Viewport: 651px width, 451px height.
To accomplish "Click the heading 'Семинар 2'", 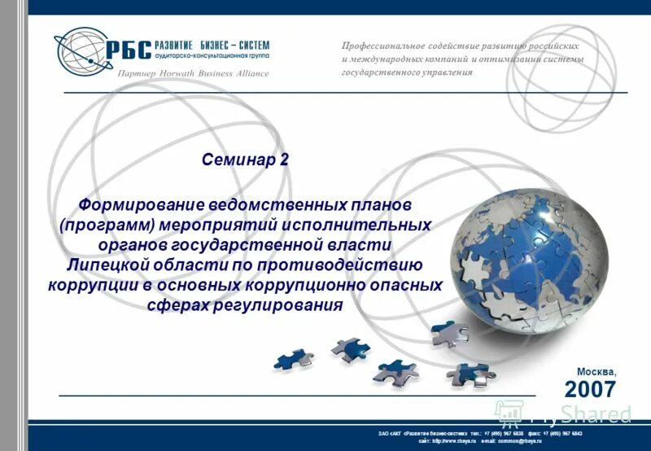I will pyautogui.click(x=245, y=160).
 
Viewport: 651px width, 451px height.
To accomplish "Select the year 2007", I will pyautogui.click(x=590, y=388).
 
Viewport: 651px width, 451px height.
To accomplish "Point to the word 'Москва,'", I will pyautogui.click(x=597, y=371).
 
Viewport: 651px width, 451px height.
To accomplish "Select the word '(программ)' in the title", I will pyautogui.click(x=105, y=223).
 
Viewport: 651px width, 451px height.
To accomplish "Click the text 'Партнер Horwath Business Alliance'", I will pyautogui.click(x=194, y=73).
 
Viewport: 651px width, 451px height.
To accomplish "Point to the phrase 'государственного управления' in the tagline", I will pyautogui.click(x=407, y=72).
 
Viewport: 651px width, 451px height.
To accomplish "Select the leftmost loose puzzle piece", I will pyautogui.click(x=292, y=358).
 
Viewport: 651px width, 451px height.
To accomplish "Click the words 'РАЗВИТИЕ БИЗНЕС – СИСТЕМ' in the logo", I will pyautogui.click(x=211, y=45).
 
